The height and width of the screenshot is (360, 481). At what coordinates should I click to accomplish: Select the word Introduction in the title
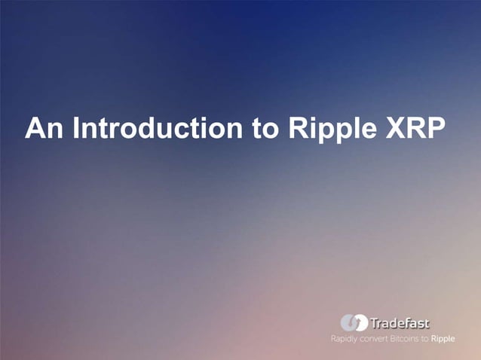(153, 129)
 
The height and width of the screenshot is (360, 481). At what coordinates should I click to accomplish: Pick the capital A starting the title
(35, 129)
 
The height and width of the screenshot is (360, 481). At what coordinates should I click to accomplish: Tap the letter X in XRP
(392, 129)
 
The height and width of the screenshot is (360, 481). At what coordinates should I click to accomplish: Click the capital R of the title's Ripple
(296, 129)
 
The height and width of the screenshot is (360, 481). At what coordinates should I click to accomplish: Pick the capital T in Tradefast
(374, 323)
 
